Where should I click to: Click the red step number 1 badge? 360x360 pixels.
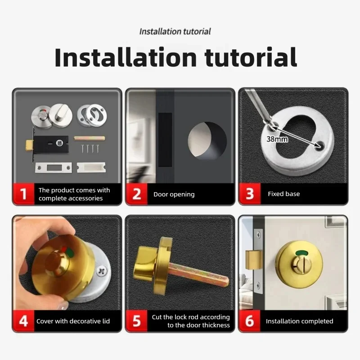(23, 193)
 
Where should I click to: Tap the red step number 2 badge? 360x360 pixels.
(136, 193)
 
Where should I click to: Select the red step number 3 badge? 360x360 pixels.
(250, 193)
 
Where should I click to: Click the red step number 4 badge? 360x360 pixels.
(23, 321)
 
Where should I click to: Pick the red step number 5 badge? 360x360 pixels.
(136, 321)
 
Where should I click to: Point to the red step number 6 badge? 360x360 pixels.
(250, 321)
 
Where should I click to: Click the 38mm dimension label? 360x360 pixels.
(277, 139)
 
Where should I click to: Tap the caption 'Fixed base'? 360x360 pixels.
(284, 194)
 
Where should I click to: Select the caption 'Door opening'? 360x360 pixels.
(174, 194)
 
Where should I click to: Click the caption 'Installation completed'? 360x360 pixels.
(299, 321)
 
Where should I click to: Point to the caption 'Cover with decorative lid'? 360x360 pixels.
(73, 321)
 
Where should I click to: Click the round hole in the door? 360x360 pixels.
(207, 141)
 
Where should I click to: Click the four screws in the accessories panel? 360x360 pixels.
(90, 148)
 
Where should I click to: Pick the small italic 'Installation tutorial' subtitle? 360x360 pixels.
(175, 31)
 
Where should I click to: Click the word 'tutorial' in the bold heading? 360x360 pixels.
(251, 58)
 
